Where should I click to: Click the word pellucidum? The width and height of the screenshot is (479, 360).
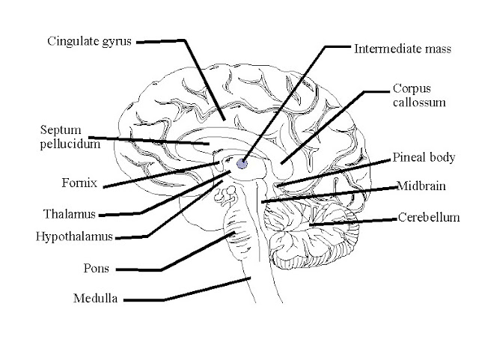click(x=70, y=144)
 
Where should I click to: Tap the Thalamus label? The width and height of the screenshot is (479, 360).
click(x=70, y=214)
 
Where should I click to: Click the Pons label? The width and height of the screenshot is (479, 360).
click(x=93, y=267)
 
